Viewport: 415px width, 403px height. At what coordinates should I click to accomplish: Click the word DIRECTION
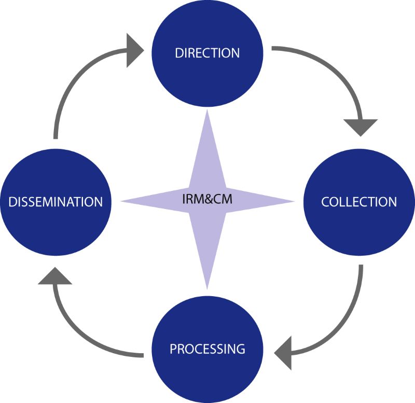point(207,53)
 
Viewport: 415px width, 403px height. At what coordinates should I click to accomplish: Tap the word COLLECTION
point(359,201)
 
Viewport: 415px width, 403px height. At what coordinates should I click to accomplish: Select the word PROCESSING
point(207,349)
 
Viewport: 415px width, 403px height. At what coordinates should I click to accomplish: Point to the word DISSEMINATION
point(56,201)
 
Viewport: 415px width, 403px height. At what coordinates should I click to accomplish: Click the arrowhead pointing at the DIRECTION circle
point(136,50)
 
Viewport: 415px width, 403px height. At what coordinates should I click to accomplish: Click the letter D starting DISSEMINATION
point(12,201)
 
